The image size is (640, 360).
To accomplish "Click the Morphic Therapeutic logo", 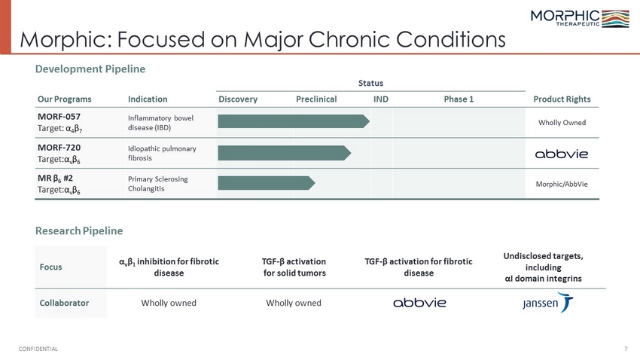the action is pyautogui.click(x=580, y=18).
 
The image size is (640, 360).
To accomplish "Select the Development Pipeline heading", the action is pyautogui.click(x=90, y=69).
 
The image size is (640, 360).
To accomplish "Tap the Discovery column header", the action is pyautogui.click(x=238, y=99).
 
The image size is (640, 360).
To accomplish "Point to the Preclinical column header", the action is pyautogui.click(x=316, y=99).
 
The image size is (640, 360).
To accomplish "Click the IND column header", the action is pyautogui.click(x=381, y=99).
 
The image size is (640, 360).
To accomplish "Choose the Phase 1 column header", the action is pyautogui.click(x=459, y=99).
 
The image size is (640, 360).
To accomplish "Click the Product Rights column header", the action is pyautogui.click(x=562, y=99).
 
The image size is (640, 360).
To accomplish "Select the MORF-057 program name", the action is pyautogui.click(x=59, y=117).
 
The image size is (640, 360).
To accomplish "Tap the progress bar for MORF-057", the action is pyautogui.click(x=294, y=121).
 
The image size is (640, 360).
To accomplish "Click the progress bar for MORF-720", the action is pyautogui.click(x=285, y=153).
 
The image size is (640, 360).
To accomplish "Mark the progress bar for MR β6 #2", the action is pyautogui.click(x=267, y=183).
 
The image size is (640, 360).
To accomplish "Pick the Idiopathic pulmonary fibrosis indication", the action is pyautogui.click(x=162, y=153).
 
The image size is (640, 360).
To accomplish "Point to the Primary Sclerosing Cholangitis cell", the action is pyautogui.click(x=158, y=184).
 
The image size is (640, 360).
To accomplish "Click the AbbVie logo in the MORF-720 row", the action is pyautogui.click(x=562, y=154).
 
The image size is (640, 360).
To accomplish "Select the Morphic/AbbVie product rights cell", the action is pyautogui.click(x=562, y=184).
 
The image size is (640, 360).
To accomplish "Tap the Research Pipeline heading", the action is pyautogui.click(x=79, y=231).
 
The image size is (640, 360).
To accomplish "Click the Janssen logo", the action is pyautogui.click(x=547, y=303).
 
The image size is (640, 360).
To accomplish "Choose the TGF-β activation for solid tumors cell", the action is pyautogui.click(x=294, y=267).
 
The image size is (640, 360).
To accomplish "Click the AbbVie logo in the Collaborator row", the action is pyautogui.click(x=419, y=303).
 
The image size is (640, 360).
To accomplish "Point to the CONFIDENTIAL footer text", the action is pyautogui.click(x=38, y=349).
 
